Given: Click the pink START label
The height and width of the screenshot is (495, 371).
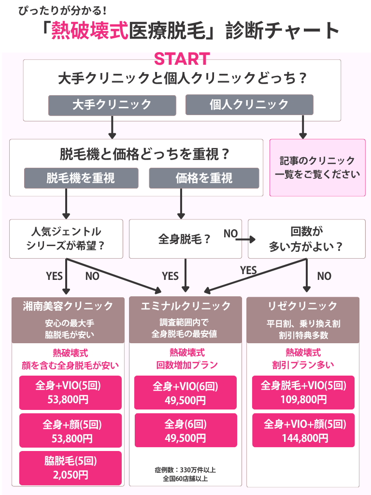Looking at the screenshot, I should pyautogui.click(x=182, y=58).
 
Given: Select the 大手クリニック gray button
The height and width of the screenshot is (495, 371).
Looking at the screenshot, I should pyautogui.click(x=112, y=104).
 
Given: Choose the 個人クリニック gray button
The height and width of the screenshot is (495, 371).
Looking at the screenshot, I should pyautogui.click(x=249, y=104).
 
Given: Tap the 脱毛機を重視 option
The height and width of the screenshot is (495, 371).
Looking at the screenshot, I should pyautogui.click(x=81, y=178).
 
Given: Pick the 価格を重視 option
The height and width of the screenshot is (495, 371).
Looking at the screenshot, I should pyautogui.click(x=204, y=178).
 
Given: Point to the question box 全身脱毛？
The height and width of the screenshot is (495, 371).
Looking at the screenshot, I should pyautogui.click(x=185, y=239).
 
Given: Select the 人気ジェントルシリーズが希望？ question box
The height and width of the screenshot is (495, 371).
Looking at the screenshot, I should pyautogui.click(x=66, y=239).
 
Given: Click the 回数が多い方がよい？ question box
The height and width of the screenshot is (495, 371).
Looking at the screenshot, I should pyautogui.click(x=306, y=239).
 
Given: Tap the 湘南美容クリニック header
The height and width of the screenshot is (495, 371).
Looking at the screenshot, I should pyautogui.click(x=68, y=306).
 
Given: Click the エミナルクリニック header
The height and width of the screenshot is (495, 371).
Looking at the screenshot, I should pyautogui.click(x=185, y=306).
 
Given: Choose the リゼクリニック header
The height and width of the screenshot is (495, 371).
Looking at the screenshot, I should pyautogui.click(x=303, y=306).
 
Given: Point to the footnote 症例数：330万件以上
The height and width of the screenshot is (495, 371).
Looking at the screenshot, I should pyautogui.click(x=185, y=469).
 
